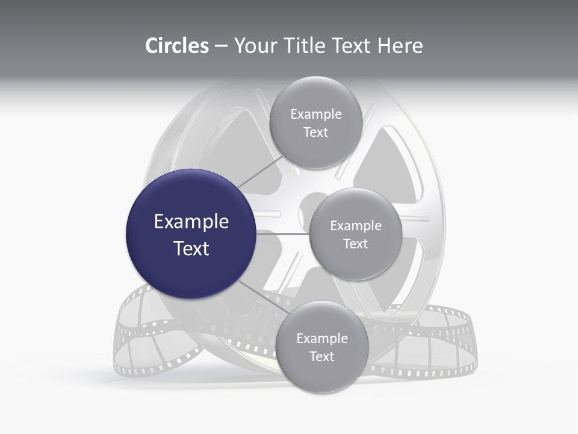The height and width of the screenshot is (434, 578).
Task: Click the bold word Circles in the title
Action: [x=177, y=46]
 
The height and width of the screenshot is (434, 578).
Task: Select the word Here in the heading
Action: [x=400, y=46]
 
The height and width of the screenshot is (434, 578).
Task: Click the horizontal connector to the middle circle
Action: [x=282, y=234]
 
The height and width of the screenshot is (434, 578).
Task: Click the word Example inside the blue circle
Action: [x=191, y=222]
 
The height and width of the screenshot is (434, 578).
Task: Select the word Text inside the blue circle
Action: [x=191, y=248]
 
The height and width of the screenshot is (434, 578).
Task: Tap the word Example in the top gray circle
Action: [x=315, y=115]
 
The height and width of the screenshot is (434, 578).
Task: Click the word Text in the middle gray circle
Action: [x=355, y=244]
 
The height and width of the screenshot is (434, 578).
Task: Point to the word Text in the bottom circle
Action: [x=322, y=356]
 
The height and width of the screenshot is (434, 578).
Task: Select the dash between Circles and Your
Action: [x=221, y=46]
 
